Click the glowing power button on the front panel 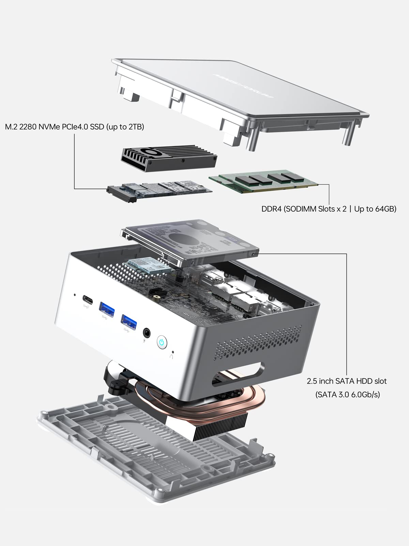point(162,342)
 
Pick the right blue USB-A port point(129,321)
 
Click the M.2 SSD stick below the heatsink point(160,190)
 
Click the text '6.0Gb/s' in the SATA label point(365,394)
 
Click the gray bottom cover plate point(112,454)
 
